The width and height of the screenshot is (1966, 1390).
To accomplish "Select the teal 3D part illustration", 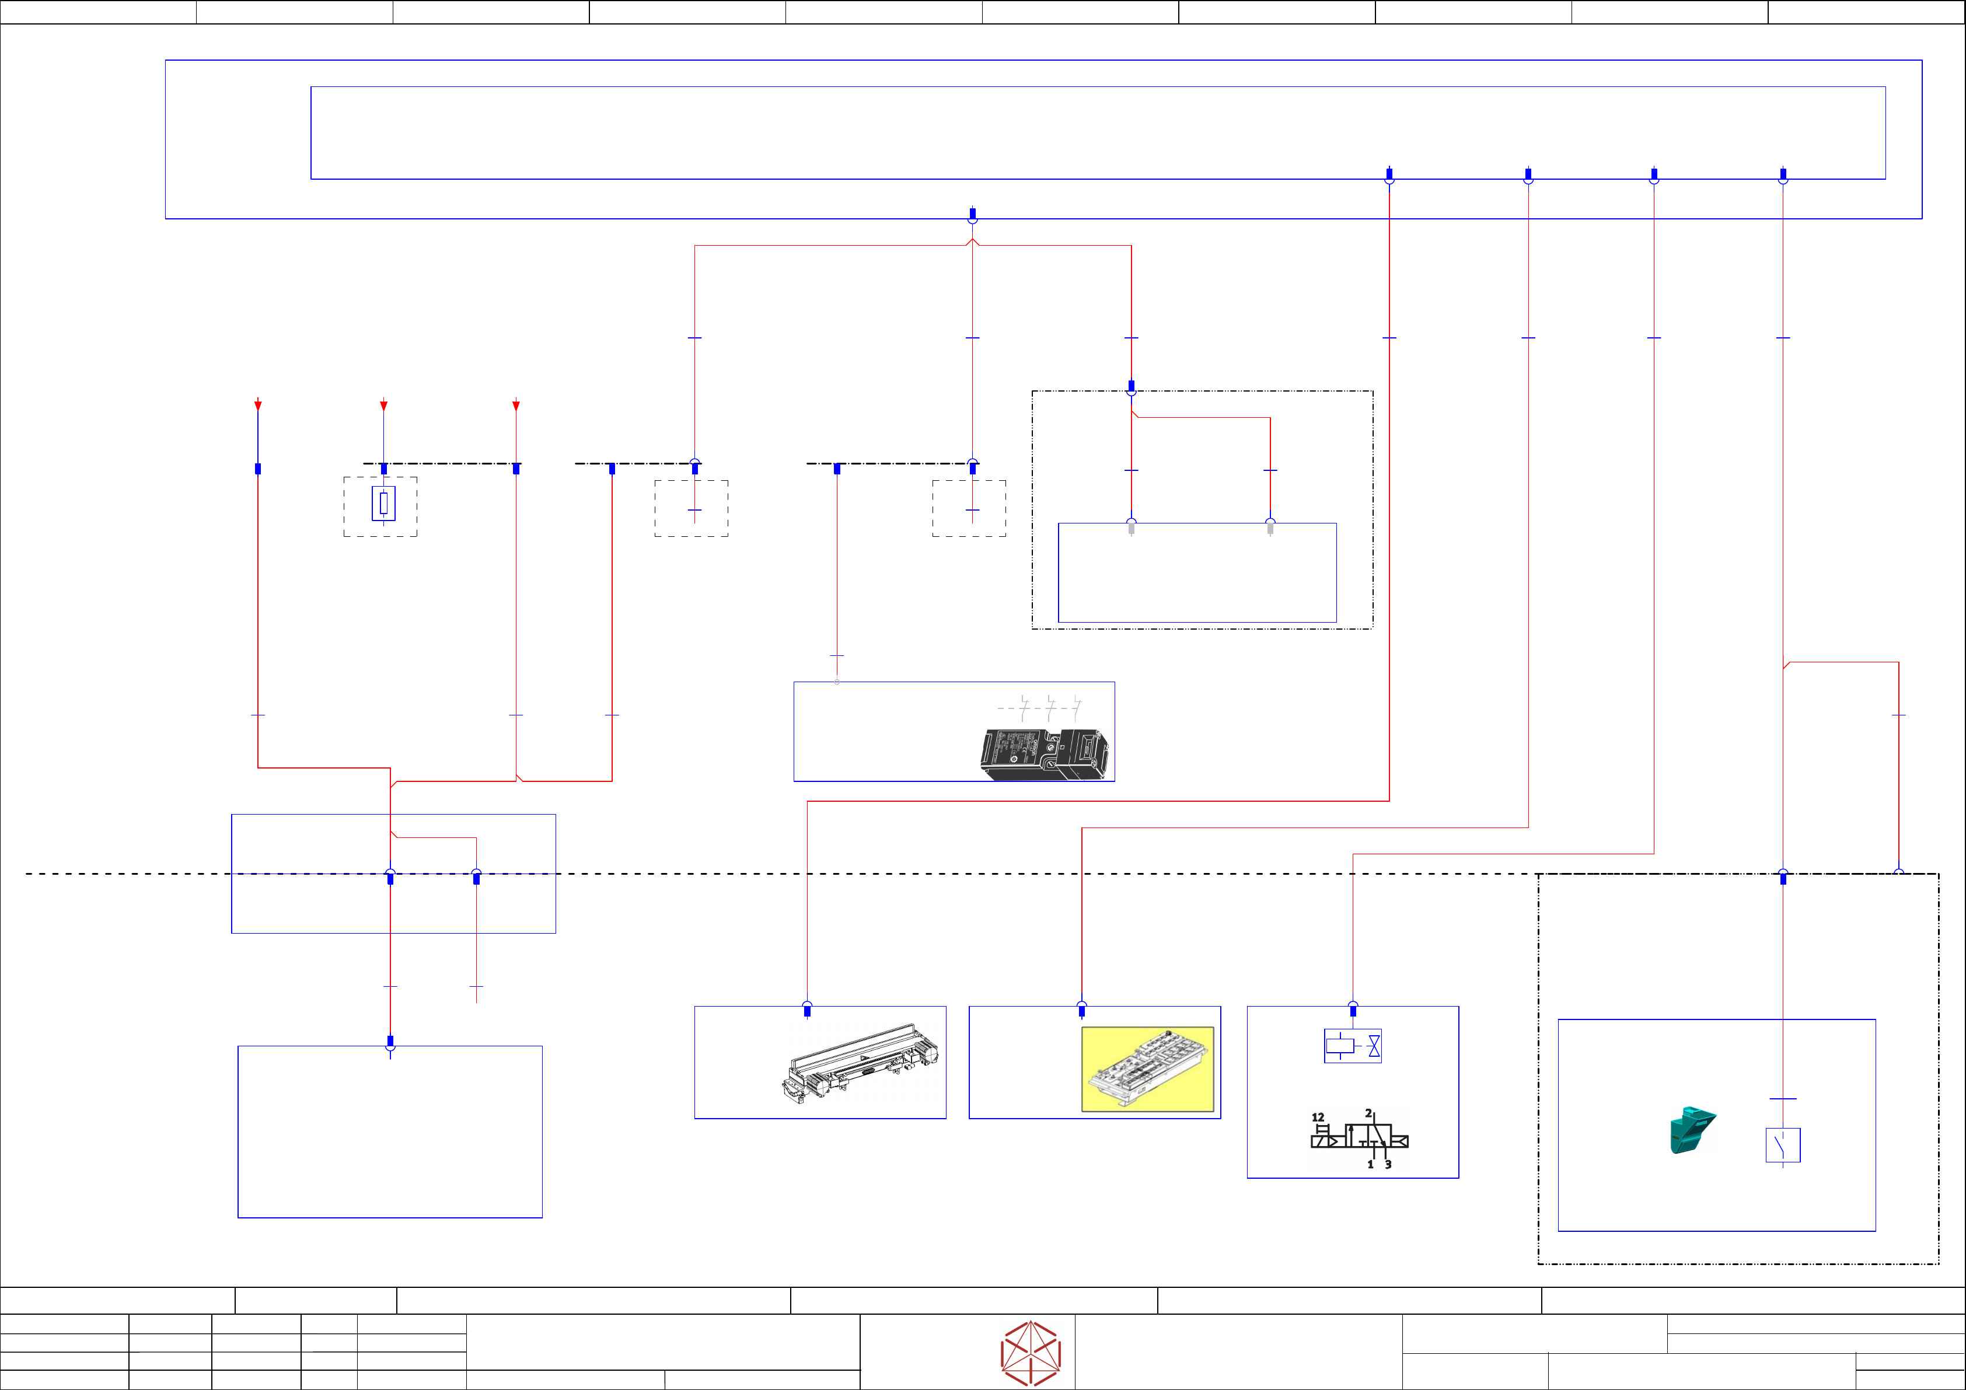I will tap(1691, 1130).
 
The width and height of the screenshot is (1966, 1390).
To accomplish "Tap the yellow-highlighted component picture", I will tap(1147, 1069).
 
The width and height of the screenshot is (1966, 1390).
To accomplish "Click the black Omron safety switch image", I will tap(1045, 754).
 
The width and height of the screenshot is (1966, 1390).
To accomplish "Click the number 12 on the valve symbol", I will tap(1318, 1117).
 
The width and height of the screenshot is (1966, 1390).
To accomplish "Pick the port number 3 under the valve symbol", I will tap(1388, 1165).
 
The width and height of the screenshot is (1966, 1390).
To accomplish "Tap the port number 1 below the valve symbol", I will tap(1370, 1165).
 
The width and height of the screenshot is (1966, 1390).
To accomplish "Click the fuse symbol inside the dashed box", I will tap(383, 504).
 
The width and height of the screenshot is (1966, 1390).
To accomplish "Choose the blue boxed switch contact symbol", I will tap(1783, 1145).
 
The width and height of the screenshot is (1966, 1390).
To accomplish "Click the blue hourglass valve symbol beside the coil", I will tap(1374, 1046).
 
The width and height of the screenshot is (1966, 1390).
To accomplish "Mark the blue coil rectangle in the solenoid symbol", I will tap(1340, 1046).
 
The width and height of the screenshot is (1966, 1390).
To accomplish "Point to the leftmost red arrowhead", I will tap(258, 405).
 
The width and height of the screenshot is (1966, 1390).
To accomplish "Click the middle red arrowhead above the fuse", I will tap(383, 405).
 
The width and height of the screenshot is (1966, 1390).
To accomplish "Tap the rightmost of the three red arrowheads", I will tap(515, 405).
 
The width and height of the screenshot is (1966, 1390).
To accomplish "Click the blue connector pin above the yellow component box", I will tap(1081, 1011).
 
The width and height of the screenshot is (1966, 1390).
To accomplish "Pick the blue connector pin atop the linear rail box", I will tap(806, 1011).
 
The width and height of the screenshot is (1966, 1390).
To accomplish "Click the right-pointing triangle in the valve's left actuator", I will tap(1332, 1141).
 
